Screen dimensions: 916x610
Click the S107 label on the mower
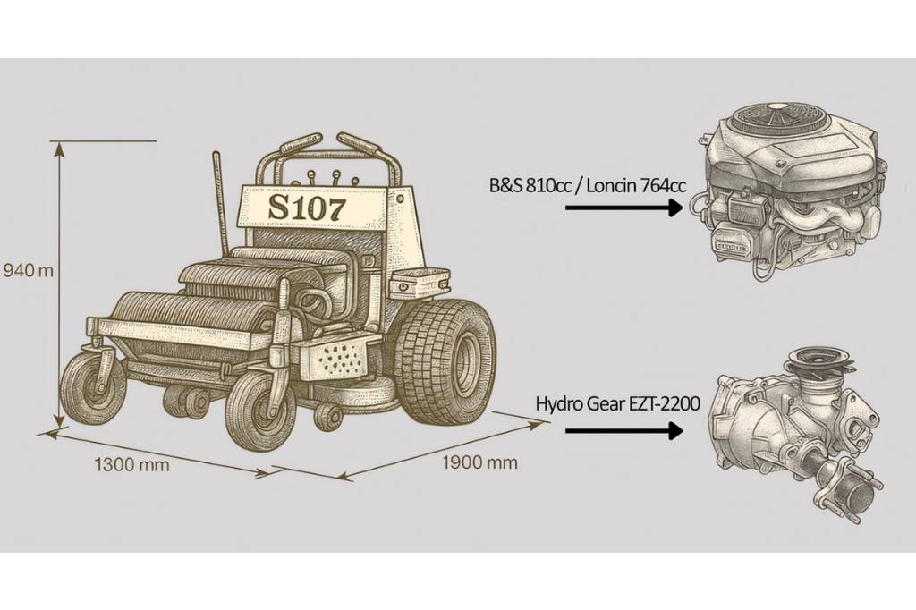[307, 208]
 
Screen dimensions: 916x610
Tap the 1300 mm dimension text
[132, 465]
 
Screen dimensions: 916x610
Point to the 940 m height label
[28, 270]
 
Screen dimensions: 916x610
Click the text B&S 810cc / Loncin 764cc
[588, 186]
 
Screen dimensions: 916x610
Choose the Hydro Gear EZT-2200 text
[617, 403]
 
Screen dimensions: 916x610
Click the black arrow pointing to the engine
[623, 208]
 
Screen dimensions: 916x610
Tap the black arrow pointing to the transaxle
[623, 431]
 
